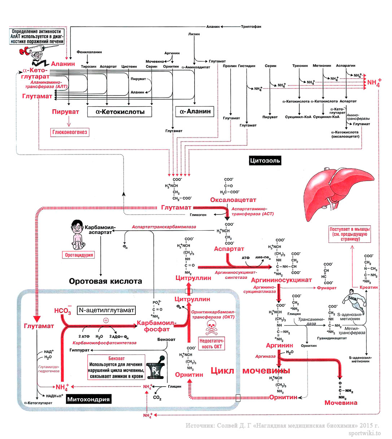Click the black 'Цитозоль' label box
[265, 161]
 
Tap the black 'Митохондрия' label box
[88, 399]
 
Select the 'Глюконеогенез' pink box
[70, 132]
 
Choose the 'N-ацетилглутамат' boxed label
[106, 310]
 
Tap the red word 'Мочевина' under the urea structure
[341, 403]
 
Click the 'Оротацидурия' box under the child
[79, 255]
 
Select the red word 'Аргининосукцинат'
[281, 280]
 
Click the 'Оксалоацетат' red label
[233, 200]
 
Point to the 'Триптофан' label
[251, 26]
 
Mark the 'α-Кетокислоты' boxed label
[119, 112]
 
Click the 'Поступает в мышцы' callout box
[349, 234]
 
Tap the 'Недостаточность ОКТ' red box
[212, 344]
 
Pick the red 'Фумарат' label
[326, 288]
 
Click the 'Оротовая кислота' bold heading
[105, 281]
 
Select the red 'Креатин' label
[369, 287]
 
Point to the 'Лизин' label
[194, 34]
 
